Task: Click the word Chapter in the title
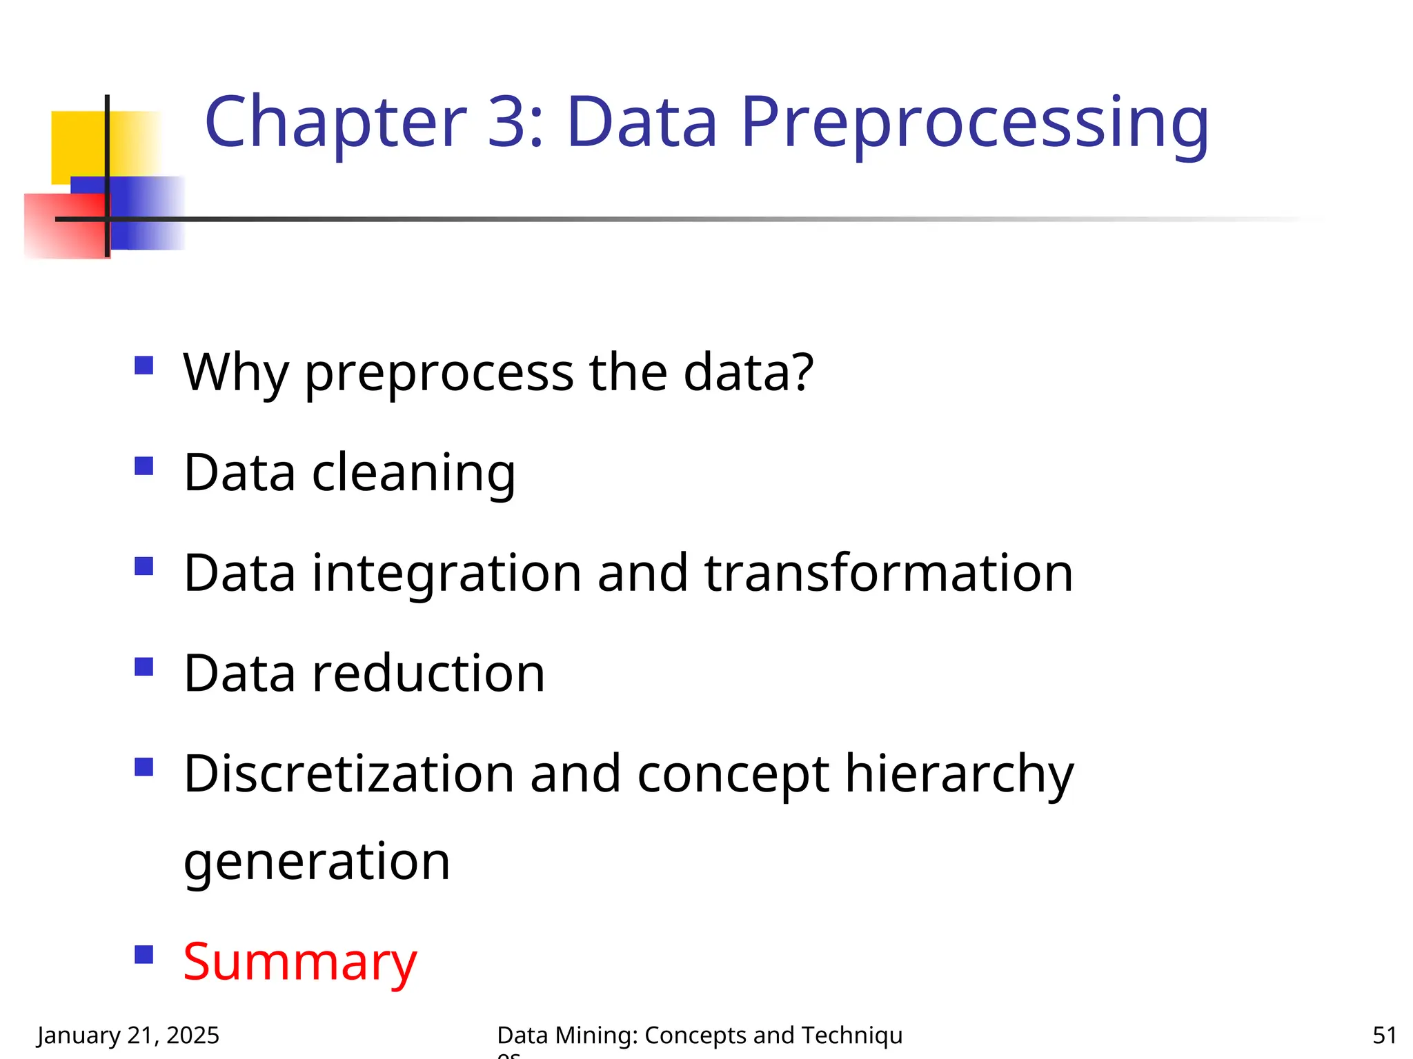335,123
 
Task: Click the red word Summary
300,962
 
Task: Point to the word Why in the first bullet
235,373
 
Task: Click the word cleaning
413,474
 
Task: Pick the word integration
447,574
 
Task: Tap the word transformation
889,573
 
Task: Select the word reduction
428,674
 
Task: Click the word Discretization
349,774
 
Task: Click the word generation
317,862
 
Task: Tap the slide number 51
1384,1035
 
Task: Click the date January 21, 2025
128,1035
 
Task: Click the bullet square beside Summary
144,954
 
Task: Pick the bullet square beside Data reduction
144,666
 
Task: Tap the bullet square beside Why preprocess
144,365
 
